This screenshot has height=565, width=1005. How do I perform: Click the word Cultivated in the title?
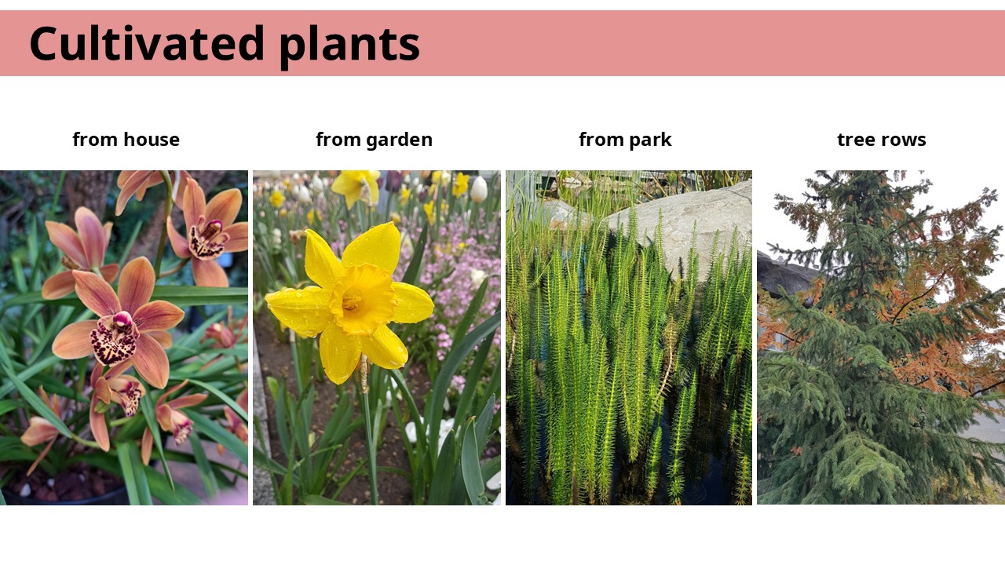pos(147,43)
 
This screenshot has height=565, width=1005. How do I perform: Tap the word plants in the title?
pos(349,46)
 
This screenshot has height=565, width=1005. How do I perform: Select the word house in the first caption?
pos(152,140)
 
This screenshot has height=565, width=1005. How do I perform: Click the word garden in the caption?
pos(400,140)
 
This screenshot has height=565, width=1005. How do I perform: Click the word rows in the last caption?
pos(904,140)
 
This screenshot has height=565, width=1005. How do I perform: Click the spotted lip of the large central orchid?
pos(114,340)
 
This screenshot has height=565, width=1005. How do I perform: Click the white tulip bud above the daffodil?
pos(479,189)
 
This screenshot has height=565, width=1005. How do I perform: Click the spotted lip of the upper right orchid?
pos(206,240)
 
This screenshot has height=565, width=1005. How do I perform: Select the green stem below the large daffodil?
pos(370,444)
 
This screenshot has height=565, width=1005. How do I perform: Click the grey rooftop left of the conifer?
pos(783,275)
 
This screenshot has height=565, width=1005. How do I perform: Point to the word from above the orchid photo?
pos(95,140)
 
